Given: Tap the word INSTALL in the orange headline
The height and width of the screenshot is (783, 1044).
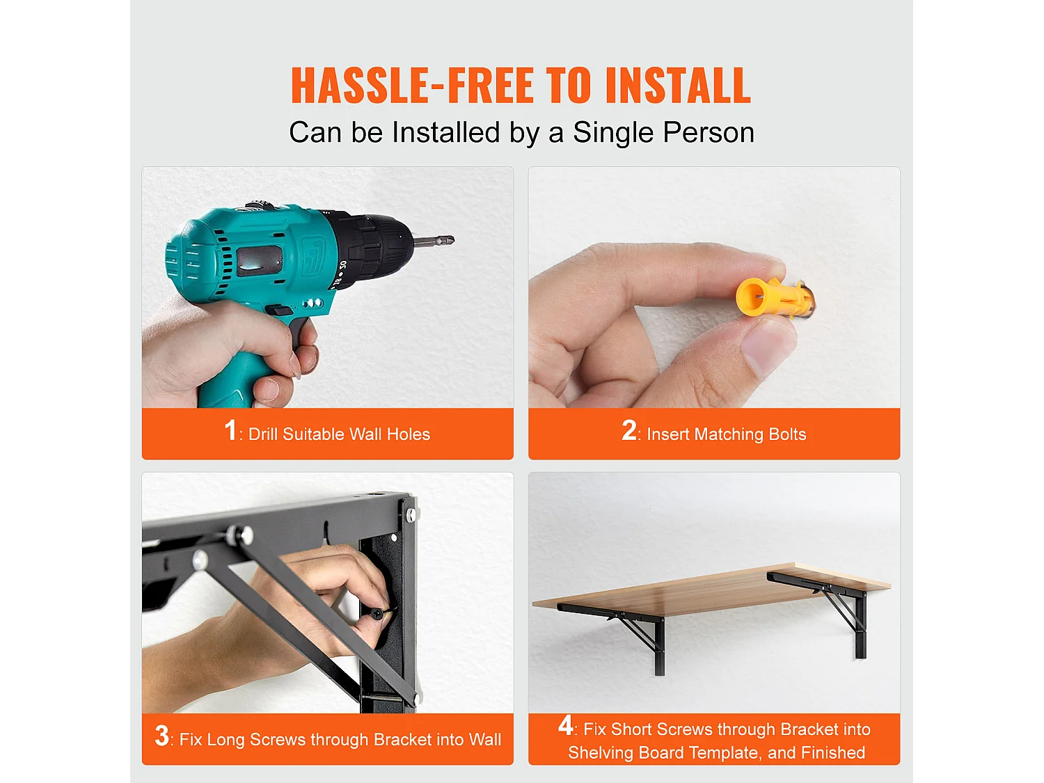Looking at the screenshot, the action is (678, 85).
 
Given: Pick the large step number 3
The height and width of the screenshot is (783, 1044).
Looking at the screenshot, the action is (161, 735).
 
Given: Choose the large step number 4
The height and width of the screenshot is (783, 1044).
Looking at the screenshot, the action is (566, 725).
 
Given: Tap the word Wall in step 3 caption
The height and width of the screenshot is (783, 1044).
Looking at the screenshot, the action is (484, 739).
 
